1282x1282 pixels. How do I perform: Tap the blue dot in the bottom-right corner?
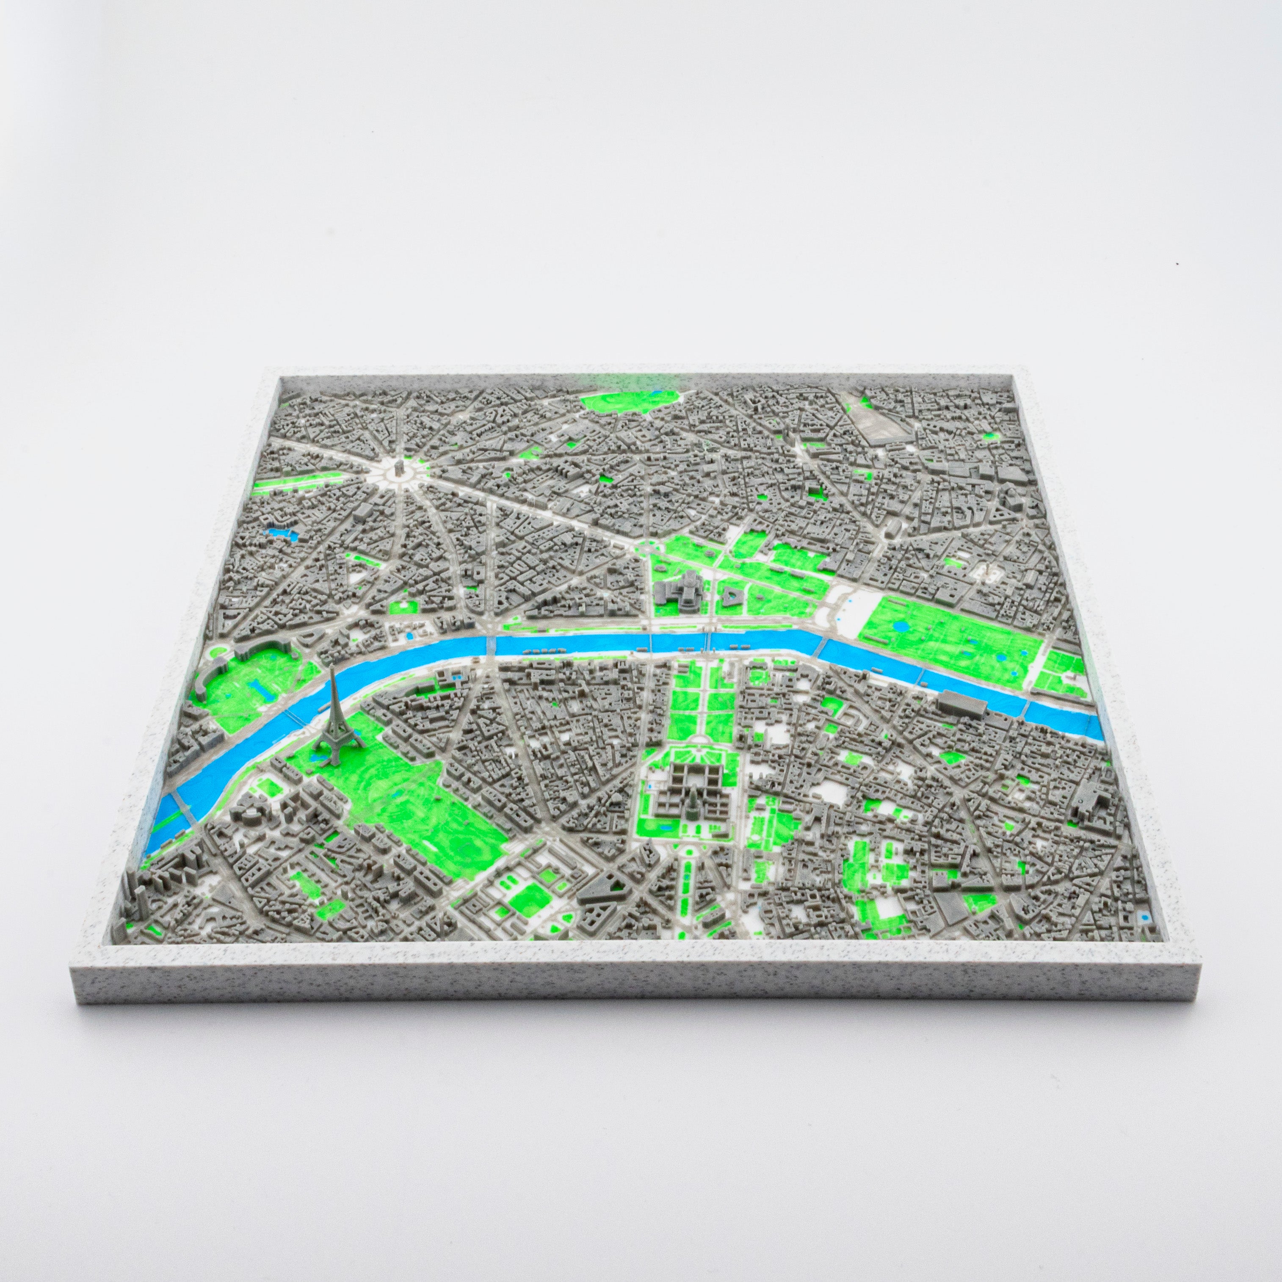(1147, 917)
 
